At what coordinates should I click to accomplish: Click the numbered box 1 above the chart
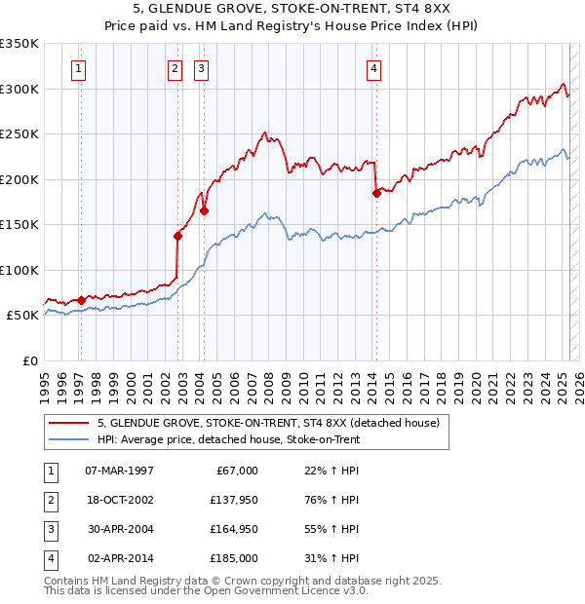(77, 68)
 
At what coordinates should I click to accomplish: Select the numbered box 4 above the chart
(373, 68)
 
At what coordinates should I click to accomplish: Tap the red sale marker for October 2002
(178, 235)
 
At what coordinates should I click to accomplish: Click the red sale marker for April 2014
(376, 193)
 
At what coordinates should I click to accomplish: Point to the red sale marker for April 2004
(205, 210)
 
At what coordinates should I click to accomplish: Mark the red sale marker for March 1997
(81, 299)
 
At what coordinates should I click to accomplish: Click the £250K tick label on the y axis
(19, 133)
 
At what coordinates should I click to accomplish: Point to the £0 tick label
(29, 360)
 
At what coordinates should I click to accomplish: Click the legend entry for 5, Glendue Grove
(269, 424)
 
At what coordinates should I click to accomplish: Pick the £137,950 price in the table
(235, 501)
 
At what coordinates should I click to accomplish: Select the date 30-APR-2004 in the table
(121, 530)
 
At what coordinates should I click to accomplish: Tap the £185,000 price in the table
(235, 559)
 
